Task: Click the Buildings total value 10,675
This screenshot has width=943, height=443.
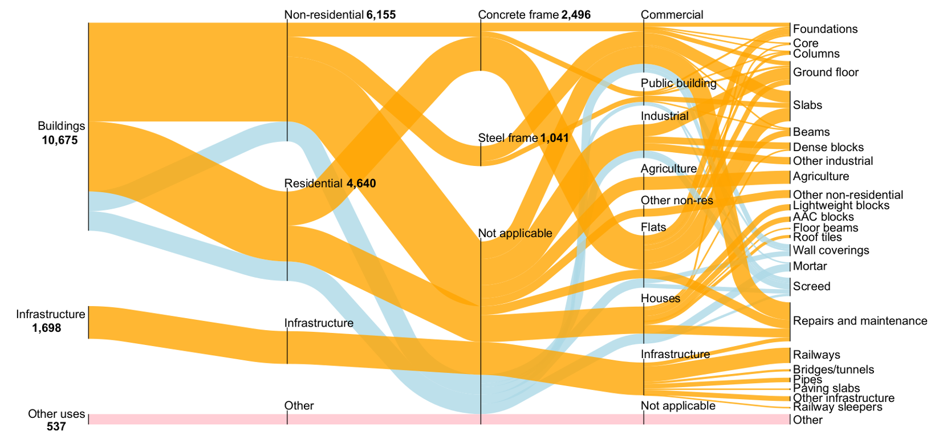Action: (x=59, y=140)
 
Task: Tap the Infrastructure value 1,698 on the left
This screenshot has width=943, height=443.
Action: (x=46, y=328)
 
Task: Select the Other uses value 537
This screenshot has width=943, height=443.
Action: (x=56, y=426)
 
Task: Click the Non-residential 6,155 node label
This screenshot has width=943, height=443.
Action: (x=340, y=15)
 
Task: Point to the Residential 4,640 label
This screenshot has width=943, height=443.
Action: (x=330, y=183)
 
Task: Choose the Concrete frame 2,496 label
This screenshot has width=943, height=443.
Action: (x=534, y=15)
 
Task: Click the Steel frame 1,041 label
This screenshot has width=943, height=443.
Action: (x=523, y=138)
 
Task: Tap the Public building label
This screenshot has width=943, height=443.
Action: (x=678, y=83)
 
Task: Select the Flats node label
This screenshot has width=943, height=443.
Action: (x=653, y=227)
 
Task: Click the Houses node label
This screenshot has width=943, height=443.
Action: (x=660, y=298)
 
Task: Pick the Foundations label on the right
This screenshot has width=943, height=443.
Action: (x=825, y=29)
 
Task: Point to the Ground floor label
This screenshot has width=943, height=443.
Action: (x=826, y=72)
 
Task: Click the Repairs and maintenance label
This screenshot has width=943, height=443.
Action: (x=860, y=321)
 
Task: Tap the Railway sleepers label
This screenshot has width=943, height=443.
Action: (x=838, y=407)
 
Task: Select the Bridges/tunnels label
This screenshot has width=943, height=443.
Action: (x=833, y=369)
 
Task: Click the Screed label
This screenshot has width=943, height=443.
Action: (x=811, y=286)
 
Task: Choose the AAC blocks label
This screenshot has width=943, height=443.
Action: (x=823, y=217)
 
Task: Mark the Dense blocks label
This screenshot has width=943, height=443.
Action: (x=828, y=147)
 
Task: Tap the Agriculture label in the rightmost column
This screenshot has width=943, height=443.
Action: (x=820, y=176)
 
